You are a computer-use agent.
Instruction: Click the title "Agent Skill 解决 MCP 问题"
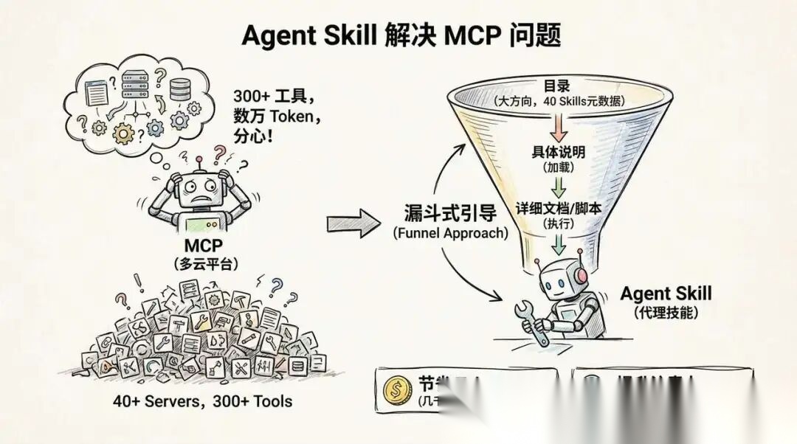point(398,35)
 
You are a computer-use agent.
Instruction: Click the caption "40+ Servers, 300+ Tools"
point(202,402)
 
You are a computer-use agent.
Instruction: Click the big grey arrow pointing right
point(353,223)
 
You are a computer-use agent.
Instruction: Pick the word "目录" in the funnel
point(557,86)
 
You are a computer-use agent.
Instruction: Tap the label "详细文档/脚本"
point(558,208)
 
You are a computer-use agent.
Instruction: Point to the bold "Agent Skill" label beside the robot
point(666,294)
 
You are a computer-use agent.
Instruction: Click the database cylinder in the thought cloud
point(179,89)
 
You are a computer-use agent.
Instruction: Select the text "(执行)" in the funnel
point(558,223)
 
